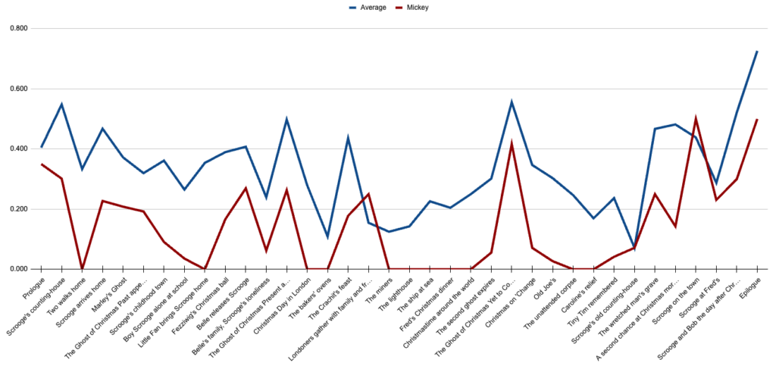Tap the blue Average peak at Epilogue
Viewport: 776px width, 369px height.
757,52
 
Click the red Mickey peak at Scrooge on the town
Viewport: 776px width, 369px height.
696,119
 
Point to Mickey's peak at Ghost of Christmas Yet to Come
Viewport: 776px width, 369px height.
512,143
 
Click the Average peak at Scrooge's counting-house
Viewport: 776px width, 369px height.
61,104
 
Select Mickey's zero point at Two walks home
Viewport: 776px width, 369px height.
82,269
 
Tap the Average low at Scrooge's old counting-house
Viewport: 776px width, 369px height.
634,247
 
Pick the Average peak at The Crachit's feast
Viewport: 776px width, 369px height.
348,138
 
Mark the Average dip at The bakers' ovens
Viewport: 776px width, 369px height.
327,237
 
